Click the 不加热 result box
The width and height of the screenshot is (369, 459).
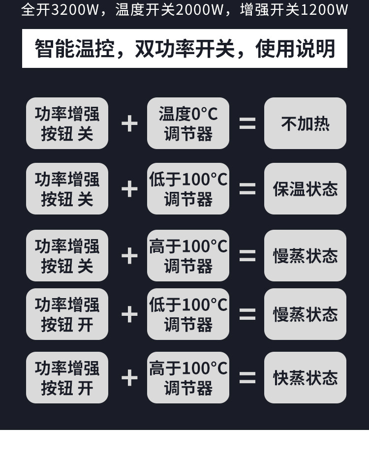[x=305, y=123]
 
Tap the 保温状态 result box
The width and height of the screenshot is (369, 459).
[x=305, y=189]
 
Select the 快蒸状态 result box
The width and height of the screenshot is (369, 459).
[x=305, y=378]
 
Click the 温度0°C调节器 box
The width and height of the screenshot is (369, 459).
[x=188, y=123]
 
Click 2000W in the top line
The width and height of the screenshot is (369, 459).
[x=199, y=10]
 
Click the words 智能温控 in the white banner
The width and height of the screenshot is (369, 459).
[x=74, y=49]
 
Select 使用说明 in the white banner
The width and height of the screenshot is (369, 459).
[x=295, y=49]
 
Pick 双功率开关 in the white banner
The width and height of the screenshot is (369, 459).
[x=184, y=49]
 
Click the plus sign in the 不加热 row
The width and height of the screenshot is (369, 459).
[x=129, y=123]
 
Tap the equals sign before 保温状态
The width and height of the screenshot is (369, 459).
[x=247, y=189]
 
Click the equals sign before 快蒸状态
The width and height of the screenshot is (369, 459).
[x=247, y=378]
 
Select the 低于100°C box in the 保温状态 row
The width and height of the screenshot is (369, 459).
[x=188, y=189]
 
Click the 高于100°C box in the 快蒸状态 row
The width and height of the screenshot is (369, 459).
[x=188, y=378]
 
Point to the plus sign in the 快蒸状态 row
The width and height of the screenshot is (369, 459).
[x=129, y=378]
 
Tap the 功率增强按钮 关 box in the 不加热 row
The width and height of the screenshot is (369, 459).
[x=67, y=123]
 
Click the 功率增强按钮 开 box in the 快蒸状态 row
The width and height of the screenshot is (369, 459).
[x=67, y=378]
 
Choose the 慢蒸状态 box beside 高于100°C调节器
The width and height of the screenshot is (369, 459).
[x=305, y=256]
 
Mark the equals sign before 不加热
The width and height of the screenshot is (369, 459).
[x=247, y=123]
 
